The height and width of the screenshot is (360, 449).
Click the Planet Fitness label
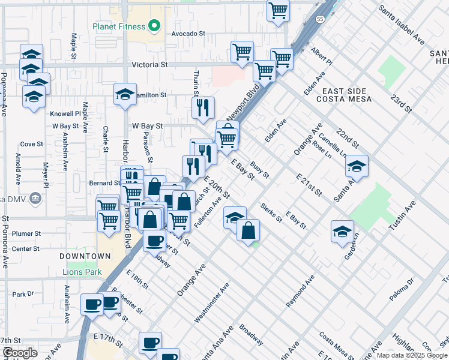point(119,26)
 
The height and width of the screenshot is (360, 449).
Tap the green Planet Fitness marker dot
point(154,26)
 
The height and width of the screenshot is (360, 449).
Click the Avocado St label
point(188,34)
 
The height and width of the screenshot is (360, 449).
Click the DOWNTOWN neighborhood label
point(85,256)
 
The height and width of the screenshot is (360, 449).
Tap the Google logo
point(20,353)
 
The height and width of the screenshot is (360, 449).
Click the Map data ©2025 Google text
point(411,355)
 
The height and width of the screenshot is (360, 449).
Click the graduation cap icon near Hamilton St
point(125,94)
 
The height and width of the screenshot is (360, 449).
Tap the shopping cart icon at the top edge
point(279,10)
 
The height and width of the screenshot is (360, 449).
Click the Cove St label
point(31,144)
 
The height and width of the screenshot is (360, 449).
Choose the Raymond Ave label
point(300,292)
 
